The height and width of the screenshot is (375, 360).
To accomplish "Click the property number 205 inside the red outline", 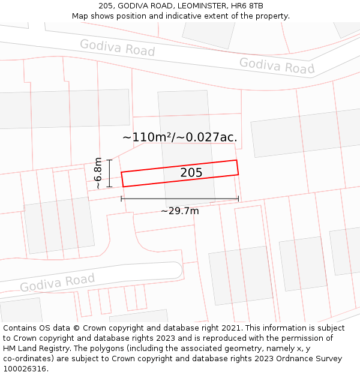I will (x=191, y=173).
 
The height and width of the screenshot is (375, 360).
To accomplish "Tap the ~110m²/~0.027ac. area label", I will (x=179, y=137).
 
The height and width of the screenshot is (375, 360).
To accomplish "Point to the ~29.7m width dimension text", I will (x=179, y=211).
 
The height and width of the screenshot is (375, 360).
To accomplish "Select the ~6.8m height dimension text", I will (x=98, y=173).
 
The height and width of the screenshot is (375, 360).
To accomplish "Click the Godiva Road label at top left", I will (x=117, y=47).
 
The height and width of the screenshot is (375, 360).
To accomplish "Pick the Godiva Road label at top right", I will (x=277, y=65).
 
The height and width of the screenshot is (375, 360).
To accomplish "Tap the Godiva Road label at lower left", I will (x=58, y=282).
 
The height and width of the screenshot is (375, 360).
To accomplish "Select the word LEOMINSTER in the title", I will (x=200, y=6).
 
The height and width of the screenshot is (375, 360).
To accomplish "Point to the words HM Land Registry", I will (x=36, y=349).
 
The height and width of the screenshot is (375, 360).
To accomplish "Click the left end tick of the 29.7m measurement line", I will (x=122, y=199).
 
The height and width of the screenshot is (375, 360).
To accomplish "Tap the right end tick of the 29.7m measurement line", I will (x=238, y=199).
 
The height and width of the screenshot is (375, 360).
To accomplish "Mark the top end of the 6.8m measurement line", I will (x=110, y=159).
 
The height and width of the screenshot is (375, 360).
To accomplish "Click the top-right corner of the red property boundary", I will (x=236, y=160).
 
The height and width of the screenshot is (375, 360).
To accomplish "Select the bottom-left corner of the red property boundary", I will (x=124, y=187).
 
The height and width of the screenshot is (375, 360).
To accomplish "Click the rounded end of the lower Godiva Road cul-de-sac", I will (x=178, y=271).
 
